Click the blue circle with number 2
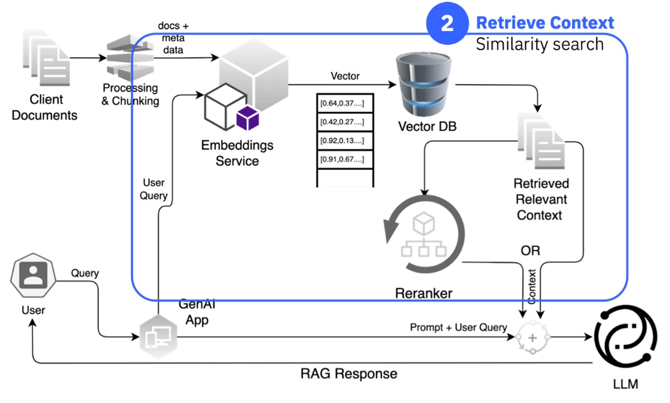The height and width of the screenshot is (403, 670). click(447, 23)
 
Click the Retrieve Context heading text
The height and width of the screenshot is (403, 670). click(545, 23)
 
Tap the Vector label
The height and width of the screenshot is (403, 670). click(345, 76)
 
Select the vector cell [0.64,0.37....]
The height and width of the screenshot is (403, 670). click(345, 103)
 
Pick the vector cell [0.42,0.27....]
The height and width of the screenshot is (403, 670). click(345, 122)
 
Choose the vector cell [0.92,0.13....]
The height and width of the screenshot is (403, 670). click(345, 141)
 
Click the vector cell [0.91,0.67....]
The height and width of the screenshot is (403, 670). click(345, 159)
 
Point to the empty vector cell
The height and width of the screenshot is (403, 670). click(345, 179)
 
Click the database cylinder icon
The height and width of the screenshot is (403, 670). click(424, 84)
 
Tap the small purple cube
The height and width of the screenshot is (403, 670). click(248, 118)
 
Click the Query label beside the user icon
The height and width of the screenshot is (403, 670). click(85, 273)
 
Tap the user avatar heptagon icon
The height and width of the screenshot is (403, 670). click(33, 275)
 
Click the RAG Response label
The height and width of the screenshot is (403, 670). click(349, 373)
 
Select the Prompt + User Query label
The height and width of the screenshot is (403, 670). click(460, 327)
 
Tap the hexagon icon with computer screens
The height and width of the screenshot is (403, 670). click(158, 337)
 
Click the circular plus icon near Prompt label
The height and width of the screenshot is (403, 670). click(533, 337)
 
